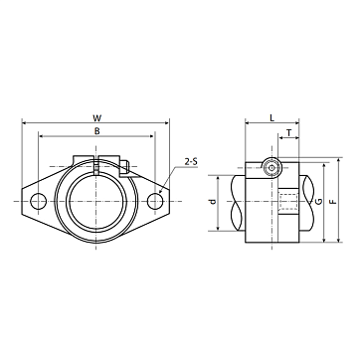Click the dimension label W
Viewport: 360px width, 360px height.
[x=96, y=117]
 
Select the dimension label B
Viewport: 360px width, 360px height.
[x=96, y=131]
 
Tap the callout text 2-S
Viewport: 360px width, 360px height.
[x=191, y=162]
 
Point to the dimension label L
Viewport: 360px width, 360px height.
[x=271, y=117]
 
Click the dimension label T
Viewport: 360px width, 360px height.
[x=289, y=133]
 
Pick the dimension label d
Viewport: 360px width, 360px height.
[x=213, y=201]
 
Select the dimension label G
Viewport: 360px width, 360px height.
[x=319, y=201]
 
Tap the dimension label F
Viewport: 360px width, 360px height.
[x=333, y=201]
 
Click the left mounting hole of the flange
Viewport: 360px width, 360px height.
[x=38, y=201]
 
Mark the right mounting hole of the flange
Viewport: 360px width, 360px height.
[x=155, y=201]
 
